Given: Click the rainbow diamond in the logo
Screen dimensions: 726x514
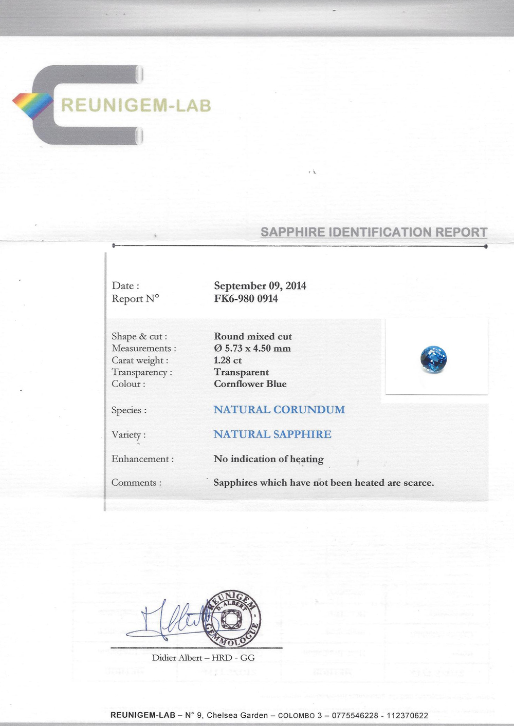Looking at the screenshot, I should click(x=33, y=106).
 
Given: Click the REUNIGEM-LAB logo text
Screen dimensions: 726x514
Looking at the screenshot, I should click(x=136, y=105).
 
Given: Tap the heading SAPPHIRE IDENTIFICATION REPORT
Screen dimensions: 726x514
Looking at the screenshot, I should click(x=374, y=232).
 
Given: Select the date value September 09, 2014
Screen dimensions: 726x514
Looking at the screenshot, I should click(x=260, y=286).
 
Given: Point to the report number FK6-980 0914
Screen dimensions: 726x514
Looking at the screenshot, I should click(x=246, y=299).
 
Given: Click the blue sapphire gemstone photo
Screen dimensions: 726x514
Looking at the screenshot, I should click(x=433, y=359).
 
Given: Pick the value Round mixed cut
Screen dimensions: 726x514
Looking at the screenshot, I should click(x=252, y=337).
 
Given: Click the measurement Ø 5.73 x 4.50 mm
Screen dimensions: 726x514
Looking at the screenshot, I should click(x=252, y=349).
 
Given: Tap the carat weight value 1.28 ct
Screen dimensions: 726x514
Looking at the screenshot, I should click(x=227, y=360).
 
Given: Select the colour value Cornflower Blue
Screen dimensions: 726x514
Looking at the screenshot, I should click(x=250, y=384).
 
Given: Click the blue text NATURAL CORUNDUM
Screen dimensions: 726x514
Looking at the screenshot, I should click(x=279, y=410).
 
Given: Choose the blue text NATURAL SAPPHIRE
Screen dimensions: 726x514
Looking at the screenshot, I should click(x=272, y=434).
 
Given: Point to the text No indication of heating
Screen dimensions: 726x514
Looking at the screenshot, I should click(x=268, y=459).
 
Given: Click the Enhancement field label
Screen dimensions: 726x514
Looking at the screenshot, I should click(x=142, y=459).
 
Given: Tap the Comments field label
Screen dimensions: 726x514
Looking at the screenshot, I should click(x=136, y=483).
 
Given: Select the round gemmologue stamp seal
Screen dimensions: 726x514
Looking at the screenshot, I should click(x=233, y=619).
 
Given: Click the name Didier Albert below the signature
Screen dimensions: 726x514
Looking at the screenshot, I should click(x=177, y=658).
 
